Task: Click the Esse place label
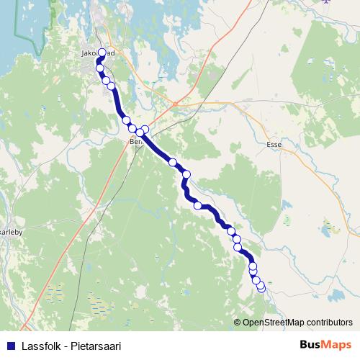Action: (x=273, y=144)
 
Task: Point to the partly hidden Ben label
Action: (x=135, y=143)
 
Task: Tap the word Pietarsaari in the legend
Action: (x=94, y=344)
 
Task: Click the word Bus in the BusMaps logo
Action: (x=310, y=344)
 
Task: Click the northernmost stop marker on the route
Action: (x=102, y=53)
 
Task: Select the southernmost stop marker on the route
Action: (x=261, y=288)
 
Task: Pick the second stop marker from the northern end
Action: (x=100, y=70)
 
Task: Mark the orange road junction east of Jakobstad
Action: (x=174, y=103)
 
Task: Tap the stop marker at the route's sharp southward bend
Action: (x=186, y=174)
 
